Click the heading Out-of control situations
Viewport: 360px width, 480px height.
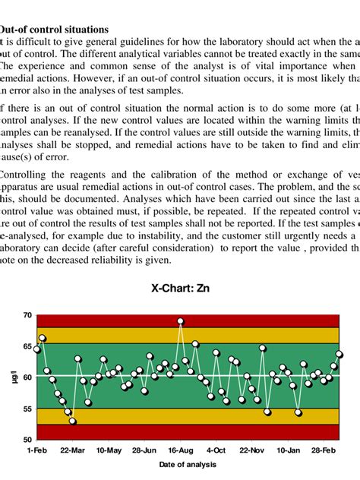[x=53, y=29]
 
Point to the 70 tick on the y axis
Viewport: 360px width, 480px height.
[x=27, y=314]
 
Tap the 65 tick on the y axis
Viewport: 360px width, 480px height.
[x=27, y=346]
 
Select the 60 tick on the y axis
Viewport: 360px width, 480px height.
[x=27, y=377]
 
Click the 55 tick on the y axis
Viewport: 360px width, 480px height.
[x=27, y=409]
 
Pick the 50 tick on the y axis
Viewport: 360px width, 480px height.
[x=27, y=440]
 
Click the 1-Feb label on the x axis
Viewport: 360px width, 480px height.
[x=36, y=450]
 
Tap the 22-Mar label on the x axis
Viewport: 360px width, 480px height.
[x=73, y=450]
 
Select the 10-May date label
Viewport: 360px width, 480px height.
[x=109, y=450]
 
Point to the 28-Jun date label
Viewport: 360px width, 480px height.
[x=144, y=450]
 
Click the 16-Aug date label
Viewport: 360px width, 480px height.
[x=181, y=450]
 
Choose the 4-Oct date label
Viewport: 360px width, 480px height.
[x=216, y=450]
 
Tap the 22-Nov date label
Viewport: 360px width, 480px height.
[x=252, y=450]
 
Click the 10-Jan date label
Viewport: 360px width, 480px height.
[x=289, y=450]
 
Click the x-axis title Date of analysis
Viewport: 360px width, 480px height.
[x=188, y=464]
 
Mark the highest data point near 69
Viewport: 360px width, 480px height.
[x=181, y=321]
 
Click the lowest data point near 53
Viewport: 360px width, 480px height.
[x=72, y=421]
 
